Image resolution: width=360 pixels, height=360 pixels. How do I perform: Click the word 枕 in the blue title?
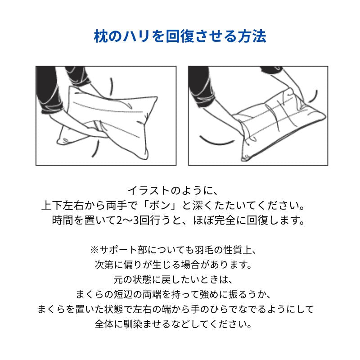tap(100, 36)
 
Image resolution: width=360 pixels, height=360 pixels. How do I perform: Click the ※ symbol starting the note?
tap(94, 249)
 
